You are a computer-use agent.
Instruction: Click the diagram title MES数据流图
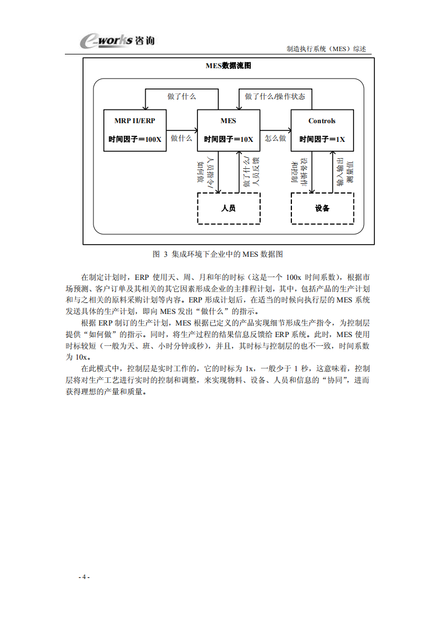click(x=229, y=66)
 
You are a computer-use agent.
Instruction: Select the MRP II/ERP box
click(x=135, y=130)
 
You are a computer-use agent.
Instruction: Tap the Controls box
click(x=322, y=130)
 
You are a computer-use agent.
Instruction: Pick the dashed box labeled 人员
click(x=228, y=208)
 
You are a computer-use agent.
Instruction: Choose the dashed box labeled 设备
click(x=322, y=208)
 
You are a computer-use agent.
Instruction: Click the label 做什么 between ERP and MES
click(x=181, y=139)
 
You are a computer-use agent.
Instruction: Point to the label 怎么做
click(x=275, y=139)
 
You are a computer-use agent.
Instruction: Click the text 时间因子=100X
click(x=135, y=140)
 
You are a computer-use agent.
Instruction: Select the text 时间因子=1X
click(x=322, y=140)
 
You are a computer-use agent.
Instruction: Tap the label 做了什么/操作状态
click(x=275, y=96)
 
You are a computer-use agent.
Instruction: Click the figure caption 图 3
click(x=218, y=254)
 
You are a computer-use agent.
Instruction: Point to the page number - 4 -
click(x=84, y=577)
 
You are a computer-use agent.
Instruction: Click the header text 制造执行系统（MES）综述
click(x=326, y=48)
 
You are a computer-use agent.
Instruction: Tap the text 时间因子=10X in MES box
click(x=228, y=140)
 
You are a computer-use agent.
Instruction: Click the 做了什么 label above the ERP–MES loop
click(x=181, y=96)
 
